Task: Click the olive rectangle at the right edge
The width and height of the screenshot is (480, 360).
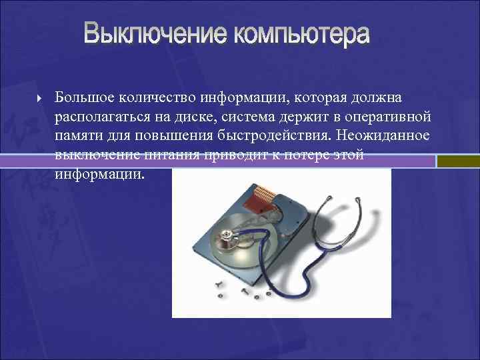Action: click(458, 161)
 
